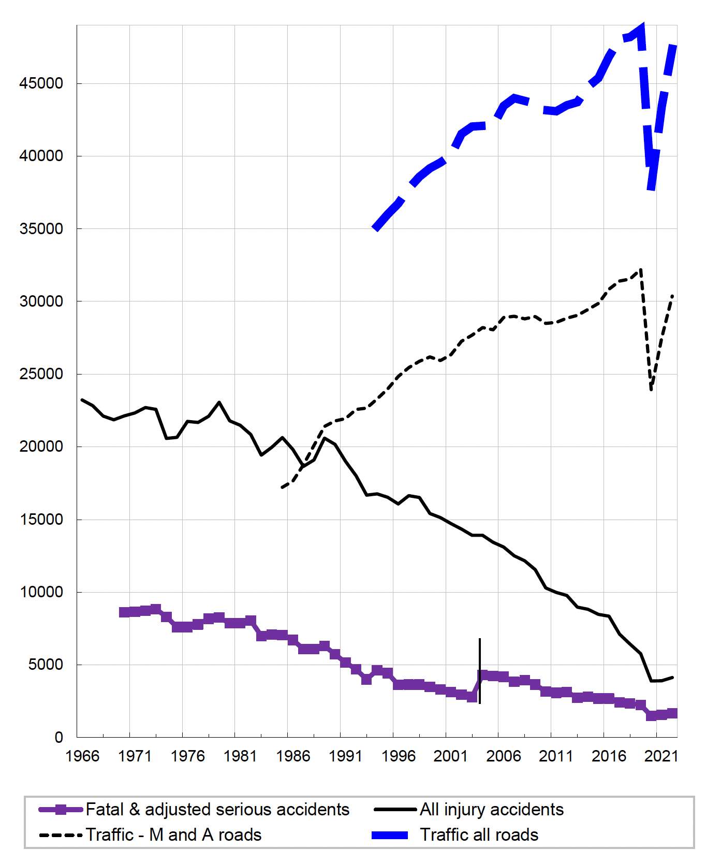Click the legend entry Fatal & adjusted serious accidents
tap(217, 809)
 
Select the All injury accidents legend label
tap(491, 809)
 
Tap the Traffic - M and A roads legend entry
tap(173, 835)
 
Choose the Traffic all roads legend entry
tap(479, 835)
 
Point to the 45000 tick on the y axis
tap(41, 83)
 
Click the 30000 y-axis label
tap(41, 301)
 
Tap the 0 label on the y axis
tap(58, 737)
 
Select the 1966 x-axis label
tap(82, 756)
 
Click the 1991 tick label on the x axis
tap(345, 756)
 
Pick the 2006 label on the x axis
tap(503, 756)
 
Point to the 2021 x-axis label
tap(661, 756)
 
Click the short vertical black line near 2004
tap(480, 671)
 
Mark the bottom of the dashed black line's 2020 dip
tap(651, 390)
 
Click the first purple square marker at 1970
tap(124, 612)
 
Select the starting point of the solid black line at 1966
tap(82, 400)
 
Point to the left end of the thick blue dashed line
tap(375, 228)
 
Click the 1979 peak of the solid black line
tap(219, 402)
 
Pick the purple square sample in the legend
tap(61, 809)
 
